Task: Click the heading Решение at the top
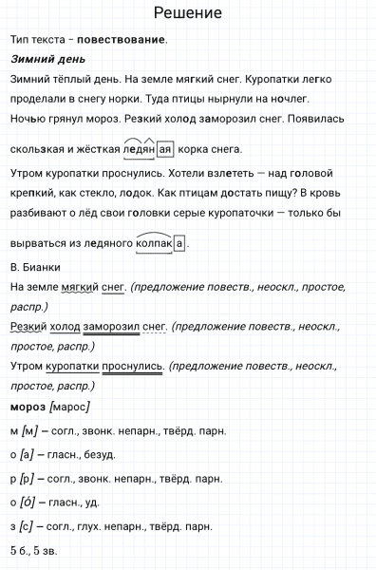pos(187,13)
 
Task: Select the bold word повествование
pos(122,40)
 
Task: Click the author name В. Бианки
pos(35,265)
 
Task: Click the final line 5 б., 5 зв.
pos(39,550)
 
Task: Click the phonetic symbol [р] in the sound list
pos(27,479)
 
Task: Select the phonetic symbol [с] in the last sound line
pos(28,526)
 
